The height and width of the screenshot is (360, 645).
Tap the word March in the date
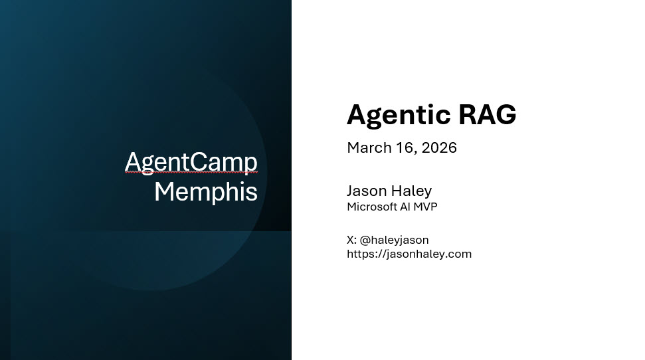click(x=369, y=147)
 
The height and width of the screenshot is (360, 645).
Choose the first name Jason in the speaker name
click(x=367, y=191)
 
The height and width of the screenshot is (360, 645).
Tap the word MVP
click(x=426, y=207)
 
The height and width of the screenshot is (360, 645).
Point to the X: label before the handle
click(x=351, y=240)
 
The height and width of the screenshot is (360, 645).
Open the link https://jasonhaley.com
click(x=409, y=254)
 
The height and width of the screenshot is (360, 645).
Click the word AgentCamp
click(x=191, y=162)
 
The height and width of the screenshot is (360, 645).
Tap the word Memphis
click(x=206, y=192)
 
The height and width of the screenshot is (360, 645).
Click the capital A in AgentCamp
click(x=133, y=162)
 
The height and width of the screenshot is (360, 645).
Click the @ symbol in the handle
click(x=365, y=240)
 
